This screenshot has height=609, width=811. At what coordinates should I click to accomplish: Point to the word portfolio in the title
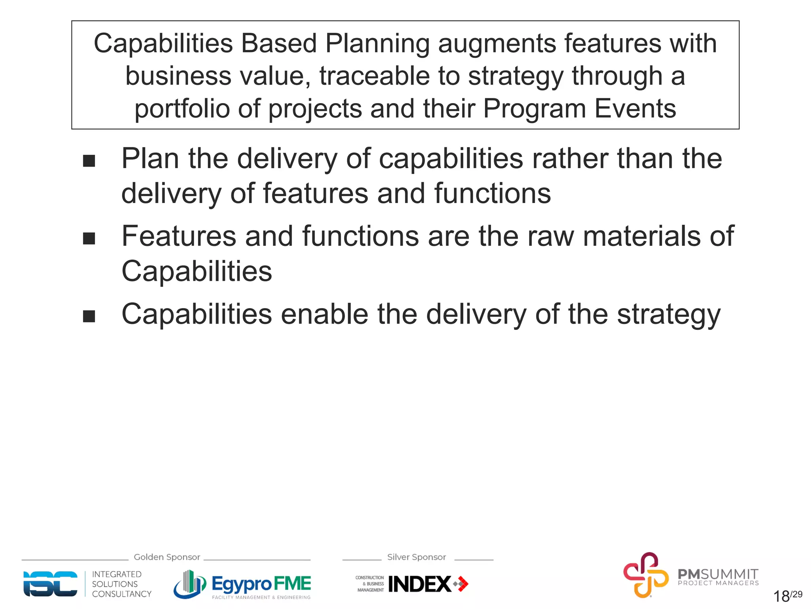[182, 109]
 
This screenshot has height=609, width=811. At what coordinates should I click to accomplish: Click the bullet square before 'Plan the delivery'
[89, 161]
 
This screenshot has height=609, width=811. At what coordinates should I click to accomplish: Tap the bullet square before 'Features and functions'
[89, 239]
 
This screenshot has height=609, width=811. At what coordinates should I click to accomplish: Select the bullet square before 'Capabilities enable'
[89, 316]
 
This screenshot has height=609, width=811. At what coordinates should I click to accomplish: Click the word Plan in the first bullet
[150, 159]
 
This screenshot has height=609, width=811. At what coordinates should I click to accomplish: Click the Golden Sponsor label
[167, 557]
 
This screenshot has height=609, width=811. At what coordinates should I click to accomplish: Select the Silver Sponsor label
[417, 557]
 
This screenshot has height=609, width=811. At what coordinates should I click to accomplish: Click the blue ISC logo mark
[50, 584]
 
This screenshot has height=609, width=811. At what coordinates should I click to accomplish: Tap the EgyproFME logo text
[261, 584]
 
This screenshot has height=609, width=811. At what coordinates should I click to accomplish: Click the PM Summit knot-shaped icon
[645, 575]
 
